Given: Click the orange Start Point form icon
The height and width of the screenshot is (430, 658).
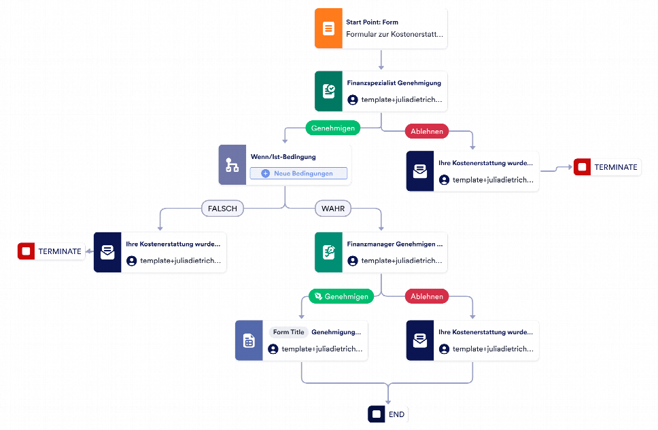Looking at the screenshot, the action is coord(328,29).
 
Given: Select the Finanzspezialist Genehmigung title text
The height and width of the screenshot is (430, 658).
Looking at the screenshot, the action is coord(394,83).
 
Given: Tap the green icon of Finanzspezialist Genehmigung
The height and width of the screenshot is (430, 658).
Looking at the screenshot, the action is coord(328,91).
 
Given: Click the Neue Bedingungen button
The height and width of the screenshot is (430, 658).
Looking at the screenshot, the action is coord(298,173).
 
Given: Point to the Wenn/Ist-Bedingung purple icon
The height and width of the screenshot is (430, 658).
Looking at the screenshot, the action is coord(232,165).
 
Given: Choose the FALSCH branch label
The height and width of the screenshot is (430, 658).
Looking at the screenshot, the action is coord(222,209).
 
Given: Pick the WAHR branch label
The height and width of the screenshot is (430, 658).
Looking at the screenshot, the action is coord(333,209).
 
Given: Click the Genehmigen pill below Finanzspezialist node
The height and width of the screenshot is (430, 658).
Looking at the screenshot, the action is coord(333,128).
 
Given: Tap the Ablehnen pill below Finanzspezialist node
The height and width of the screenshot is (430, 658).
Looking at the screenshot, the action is coord(427,131).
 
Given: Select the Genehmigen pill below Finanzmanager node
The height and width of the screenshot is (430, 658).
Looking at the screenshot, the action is coord(341,296).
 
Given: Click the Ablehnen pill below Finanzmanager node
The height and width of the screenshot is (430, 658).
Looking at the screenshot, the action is coord(427,296).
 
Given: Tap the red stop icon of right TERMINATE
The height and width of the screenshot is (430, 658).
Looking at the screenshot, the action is coord(582,167).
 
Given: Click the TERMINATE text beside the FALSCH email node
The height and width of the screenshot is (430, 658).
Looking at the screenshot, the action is coord(60,251).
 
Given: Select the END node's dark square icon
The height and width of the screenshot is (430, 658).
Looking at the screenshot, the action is coord(377,414).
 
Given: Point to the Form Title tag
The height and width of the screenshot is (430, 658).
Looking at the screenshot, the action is coord(288,332).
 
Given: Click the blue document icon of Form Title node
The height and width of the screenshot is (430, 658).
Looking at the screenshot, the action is coord(249,340).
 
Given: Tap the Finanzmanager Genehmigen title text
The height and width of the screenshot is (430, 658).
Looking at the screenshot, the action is coord(395,244).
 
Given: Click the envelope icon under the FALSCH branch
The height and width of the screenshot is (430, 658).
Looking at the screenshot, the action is coord(107,252).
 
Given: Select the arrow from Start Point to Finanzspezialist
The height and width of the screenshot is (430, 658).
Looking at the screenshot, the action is coord(381,60).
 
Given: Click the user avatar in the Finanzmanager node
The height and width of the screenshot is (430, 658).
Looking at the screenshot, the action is coord(353,261).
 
